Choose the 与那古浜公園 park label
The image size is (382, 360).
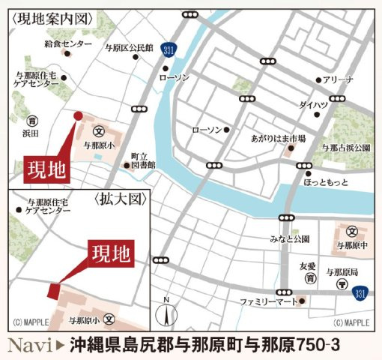(345, 148)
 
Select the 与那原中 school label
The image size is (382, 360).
(351, 245)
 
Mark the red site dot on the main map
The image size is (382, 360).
(77, 115)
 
